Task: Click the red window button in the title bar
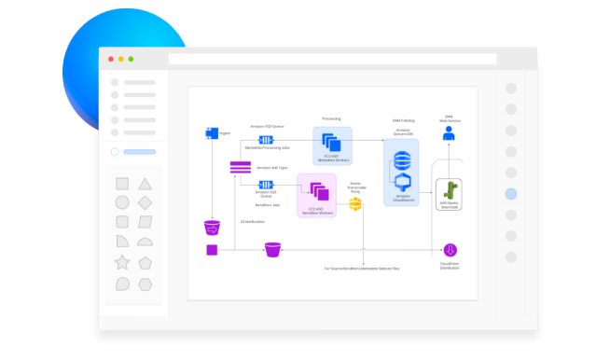tap(111, 59)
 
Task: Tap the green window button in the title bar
tap(131, 59)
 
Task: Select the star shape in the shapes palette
tap(122, 261)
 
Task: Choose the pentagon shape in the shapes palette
tap(145, 262)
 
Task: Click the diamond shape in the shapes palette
tap(145, 202)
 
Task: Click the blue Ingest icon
tap(211, 133)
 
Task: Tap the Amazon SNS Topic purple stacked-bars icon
tap(241, 167)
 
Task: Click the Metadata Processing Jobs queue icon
tap(265, 139)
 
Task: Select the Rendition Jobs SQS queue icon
tap(265, 184)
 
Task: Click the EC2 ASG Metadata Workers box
tap(332, 146)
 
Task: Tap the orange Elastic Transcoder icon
tap(355, 203)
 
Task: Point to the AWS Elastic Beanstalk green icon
tap(450, 192)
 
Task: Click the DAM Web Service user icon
tap(450, 134)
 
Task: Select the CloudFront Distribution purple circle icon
tap(450, 249)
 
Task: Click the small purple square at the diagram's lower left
tap(212, 249)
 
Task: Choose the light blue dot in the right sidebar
tap(510, 194)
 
